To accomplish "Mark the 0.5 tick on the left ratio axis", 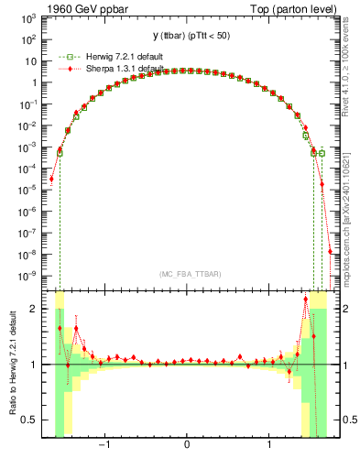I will point(32,420).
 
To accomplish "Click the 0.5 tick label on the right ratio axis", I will point(344,420).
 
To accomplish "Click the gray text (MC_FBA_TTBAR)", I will point(187,275).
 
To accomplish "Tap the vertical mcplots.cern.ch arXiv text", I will point(351,211).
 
